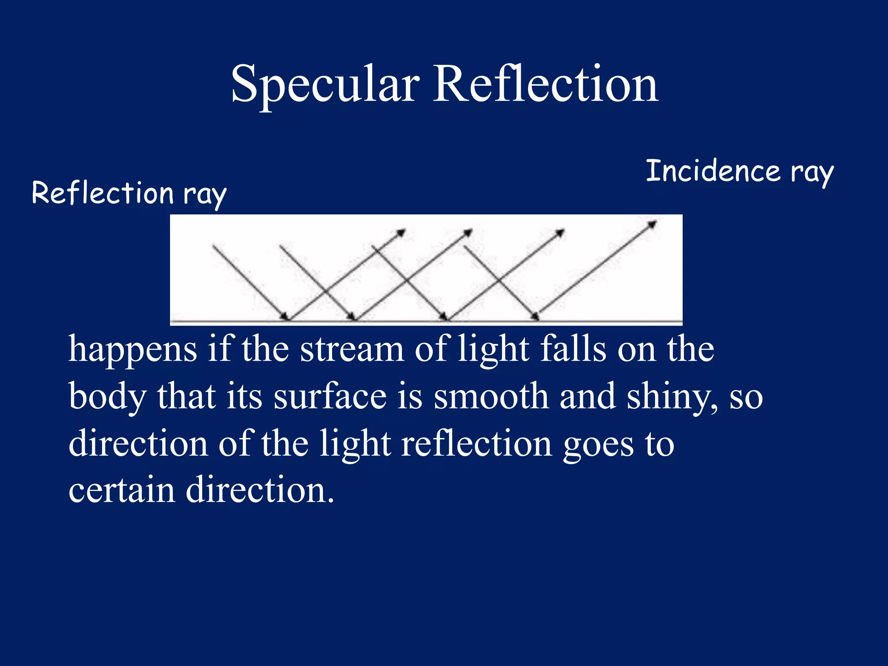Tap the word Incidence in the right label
point(713,171)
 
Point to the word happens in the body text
point(133,349)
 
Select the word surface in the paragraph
point(330,396)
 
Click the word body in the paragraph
point(108,396)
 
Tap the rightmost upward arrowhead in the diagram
point(652,224)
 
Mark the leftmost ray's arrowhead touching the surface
point(285,316)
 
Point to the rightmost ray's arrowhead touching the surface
point(535,316)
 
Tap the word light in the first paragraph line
point(493,349)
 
